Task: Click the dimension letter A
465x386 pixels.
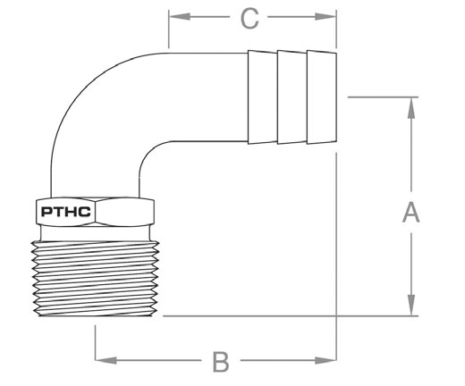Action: pos(411,212)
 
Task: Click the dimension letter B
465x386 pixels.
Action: pos(221,362)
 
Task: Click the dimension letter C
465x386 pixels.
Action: pos(249,19)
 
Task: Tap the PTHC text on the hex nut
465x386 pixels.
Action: pos(66,212)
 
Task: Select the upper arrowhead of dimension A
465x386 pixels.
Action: pos(411,108)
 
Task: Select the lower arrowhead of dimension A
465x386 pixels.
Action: pos(411,305)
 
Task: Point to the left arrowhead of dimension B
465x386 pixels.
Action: pos(106,360)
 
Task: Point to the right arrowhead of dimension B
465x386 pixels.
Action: pos(325,360)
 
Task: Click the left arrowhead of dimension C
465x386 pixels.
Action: pos(180,17)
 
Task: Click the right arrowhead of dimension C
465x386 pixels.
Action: pos(325,17)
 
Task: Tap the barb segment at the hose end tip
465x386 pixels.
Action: pos(322,97)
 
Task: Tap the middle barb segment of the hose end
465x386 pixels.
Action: pos(292,97)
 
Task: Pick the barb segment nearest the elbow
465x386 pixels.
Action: pos(262,97)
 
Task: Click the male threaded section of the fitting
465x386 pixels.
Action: pos(95,279)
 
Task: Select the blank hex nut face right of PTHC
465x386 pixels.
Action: pos(124,212)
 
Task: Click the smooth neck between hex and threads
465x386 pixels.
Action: pos(95,233)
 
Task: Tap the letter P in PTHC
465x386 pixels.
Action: pos(46,212)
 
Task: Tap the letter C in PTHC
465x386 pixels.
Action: pos(85,212)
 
